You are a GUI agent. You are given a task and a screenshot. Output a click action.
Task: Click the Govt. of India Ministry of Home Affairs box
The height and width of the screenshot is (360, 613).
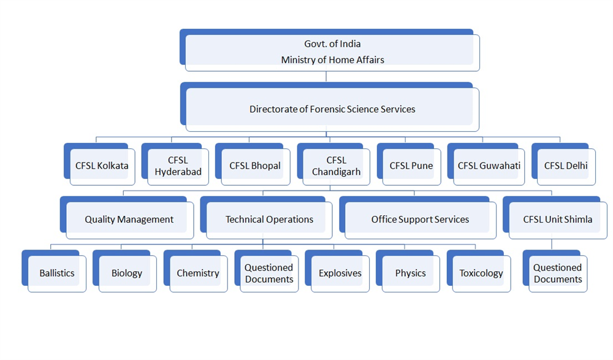pyautogui.click(x=332, y=52)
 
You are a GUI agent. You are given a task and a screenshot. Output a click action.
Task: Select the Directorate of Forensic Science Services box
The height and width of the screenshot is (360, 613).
pyautogui.click(x=332, y=109)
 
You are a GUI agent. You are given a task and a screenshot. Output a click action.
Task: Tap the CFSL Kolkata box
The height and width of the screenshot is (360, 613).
pyautogui.click(x=102, y=166)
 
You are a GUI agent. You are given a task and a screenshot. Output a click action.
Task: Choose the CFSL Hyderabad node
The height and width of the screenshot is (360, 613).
pyautogui.click(x=178, y=166)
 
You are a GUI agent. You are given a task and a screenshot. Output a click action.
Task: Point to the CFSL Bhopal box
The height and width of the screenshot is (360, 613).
pyautogui.click(x=255, y=166)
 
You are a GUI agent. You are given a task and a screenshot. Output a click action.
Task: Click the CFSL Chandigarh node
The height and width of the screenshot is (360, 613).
pyautogui.click(x=336, y=166)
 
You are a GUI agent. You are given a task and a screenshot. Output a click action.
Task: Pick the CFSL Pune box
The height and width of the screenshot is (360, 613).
pyautogui.click(x=411, y=166)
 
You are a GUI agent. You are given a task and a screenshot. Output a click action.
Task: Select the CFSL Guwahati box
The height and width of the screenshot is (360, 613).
pyautogui.click(x=489, y=166)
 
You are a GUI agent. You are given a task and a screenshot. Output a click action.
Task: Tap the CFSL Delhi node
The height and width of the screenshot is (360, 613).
pyautogui.click(x=566, y=166)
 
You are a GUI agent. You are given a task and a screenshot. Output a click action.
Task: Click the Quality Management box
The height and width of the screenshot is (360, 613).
pyautogui.click(x=129, y=220)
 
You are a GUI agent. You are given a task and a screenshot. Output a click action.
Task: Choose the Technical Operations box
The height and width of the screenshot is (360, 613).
pyautogui.click(x=269, y=220)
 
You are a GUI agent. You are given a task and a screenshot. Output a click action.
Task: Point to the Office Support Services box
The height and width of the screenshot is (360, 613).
pyautogui.click(x=420, y=220)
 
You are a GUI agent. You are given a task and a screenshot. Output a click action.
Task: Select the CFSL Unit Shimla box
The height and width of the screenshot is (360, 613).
pyautogui.click(x=557, y=220)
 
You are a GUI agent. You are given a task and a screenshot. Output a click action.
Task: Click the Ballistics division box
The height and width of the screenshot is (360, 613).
pyautogui.click(x=57, y=274)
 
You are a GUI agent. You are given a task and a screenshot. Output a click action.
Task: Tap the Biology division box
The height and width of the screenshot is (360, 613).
pyautogui.click(x=127, y=274)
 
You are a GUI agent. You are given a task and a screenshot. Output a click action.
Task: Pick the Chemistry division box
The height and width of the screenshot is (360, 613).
pyautogui.click(x=198, y=274)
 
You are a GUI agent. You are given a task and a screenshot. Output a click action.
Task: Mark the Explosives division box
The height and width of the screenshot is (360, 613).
pyautogui.click(x=340, y=274)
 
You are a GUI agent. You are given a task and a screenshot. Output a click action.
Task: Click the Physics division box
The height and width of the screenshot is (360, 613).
pyautogui.click(x=411, y=274)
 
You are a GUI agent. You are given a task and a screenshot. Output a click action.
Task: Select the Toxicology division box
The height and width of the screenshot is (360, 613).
pyautogui.click(x=481, y=274)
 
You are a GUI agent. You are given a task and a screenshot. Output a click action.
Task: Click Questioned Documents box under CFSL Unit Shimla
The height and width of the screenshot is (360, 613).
pyautogui.click(x=557, y=274)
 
